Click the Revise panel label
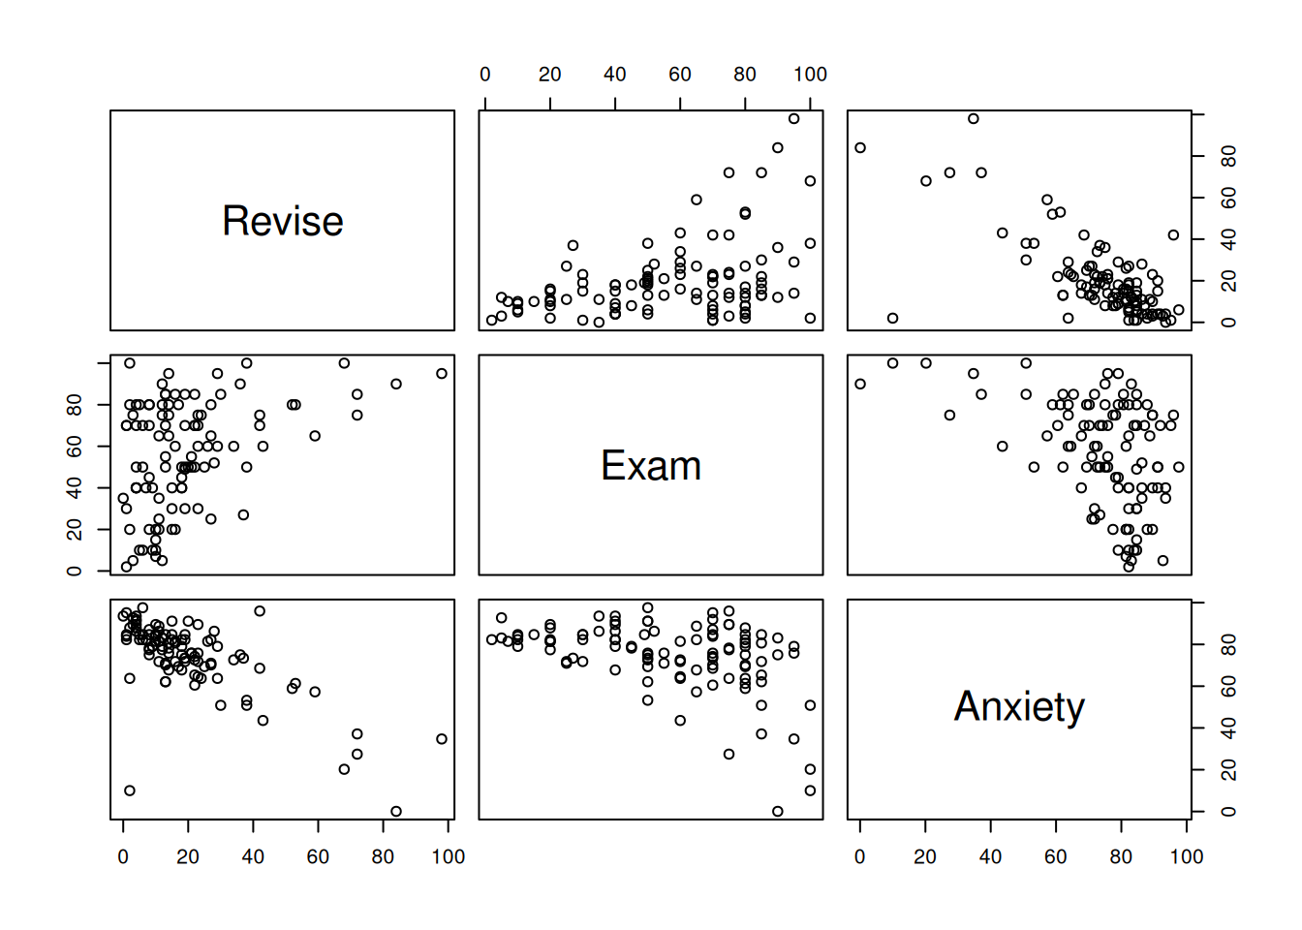coord(283,222)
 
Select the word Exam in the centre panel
coord(651,466)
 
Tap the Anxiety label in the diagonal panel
coord(1019,707)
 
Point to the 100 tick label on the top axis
coord(810,75)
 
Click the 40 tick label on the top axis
coord(614,75)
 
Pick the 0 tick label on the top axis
coord(485,75)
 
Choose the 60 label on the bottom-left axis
coord(318,856)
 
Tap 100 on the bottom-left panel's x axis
coord(448,856)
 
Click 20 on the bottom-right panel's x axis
coord(925,856)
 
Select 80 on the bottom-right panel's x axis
coord(1121,856)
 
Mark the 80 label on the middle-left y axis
coord(75,404)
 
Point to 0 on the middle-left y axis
coord(75,571)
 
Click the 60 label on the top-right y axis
coord(1228,198)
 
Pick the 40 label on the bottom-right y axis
coord(1228,728)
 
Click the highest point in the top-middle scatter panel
coord(793,119)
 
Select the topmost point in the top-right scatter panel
coord(974,119)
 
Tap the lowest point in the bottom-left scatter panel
coord(395,812)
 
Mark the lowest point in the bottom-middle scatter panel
coord(777,812)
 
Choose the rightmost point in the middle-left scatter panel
coord(442,374)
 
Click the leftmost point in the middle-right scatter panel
coord(860,385)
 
